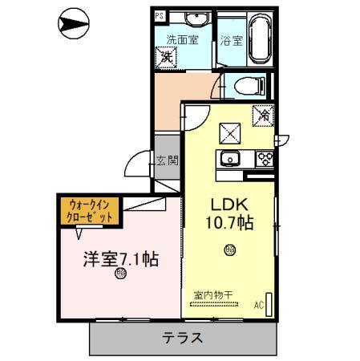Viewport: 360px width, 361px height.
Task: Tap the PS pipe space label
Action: [x=159, y=15]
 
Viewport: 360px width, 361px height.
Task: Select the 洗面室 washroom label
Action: [x=181, y=38]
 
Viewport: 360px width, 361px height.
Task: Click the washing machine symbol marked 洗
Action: [x=167, y=56]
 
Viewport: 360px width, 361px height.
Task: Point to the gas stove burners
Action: [x=265, y=158]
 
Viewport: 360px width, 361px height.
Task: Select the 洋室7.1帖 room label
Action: [x=121, y=259]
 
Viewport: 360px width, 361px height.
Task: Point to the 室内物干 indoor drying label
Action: [x=212, y=294]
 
